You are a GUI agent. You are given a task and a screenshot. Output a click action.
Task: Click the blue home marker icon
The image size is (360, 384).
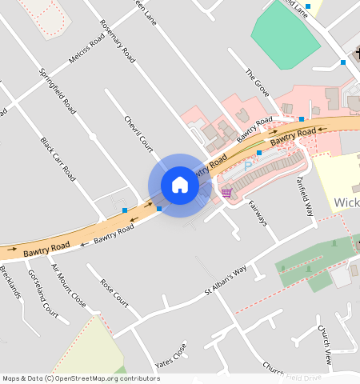pos(180,185)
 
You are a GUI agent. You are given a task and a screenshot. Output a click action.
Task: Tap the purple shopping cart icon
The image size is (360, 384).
pos(226,192)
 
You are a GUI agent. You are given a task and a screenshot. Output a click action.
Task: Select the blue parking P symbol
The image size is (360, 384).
pos(248,163)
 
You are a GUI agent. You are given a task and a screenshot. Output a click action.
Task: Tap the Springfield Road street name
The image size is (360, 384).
pos(57,90)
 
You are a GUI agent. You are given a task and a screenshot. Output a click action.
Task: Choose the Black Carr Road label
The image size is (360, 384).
pos(58,158)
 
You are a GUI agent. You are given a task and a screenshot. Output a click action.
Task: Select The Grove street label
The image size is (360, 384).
pos(257,82)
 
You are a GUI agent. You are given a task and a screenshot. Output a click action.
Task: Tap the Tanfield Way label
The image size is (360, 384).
pos(306,196)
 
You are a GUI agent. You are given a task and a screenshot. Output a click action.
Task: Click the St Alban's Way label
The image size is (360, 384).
pos(225,283)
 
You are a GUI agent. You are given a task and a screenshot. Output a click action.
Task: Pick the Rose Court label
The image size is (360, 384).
pos(114,294)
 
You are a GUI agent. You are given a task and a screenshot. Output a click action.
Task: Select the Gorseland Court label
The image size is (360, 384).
pos(42,291)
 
